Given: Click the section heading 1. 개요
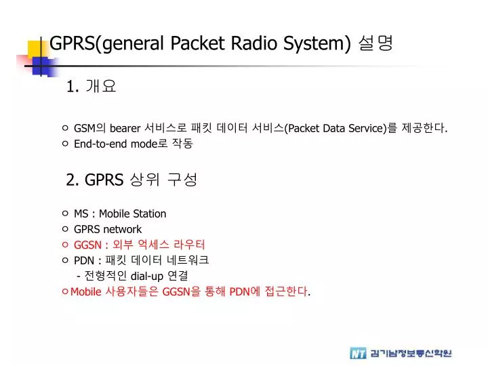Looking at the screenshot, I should tap(92, 86).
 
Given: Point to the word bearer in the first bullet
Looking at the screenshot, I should tap(125, 128).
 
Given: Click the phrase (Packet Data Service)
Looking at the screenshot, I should tap(335, 128).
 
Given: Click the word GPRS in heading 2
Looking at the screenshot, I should tap(104, 180).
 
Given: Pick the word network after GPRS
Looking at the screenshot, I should tap(122, 229).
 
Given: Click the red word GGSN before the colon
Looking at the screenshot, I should tap(87, 245).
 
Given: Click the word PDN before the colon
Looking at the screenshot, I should tap(84, 260).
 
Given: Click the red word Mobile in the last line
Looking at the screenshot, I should tap(85, 291).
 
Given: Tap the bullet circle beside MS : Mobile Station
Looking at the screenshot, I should tap(64, 213).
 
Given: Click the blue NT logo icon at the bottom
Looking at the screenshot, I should tap(358, 353).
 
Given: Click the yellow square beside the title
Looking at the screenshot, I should tap(36, 49).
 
